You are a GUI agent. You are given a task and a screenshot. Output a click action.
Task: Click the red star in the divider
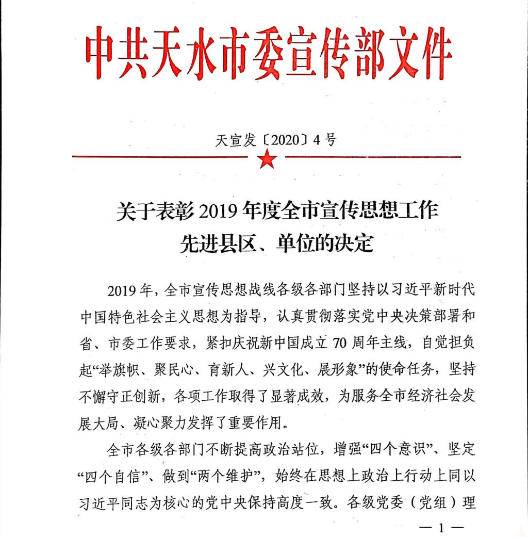point(267,159)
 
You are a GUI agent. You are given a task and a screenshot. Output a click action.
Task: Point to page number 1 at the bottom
point(441,528)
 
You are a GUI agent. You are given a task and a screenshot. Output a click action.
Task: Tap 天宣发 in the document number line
point(235,140)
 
